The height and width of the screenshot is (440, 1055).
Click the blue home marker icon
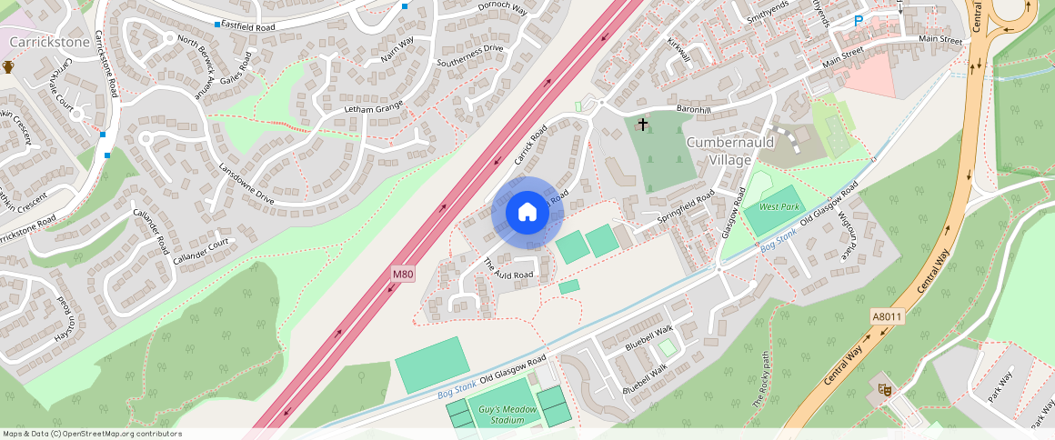pos(527,213)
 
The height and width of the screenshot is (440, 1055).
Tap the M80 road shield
pos(403,274)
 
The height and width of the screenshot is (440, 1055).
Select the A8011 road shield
pos(887,316)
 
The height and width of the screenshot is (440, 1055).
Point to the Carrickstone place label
pos(49,43)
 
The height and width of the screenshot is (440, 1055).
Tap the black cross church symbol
pos(643,124)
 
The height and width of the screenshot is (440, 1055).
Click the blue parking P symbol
pos(858,21)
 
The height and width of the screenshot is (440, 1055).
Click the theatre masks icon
pos(882,389)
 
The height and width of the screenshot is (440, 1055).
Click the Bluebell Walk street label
pos(648,338)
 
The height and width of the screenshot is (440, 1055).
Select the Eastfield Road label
pos(248,28)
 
